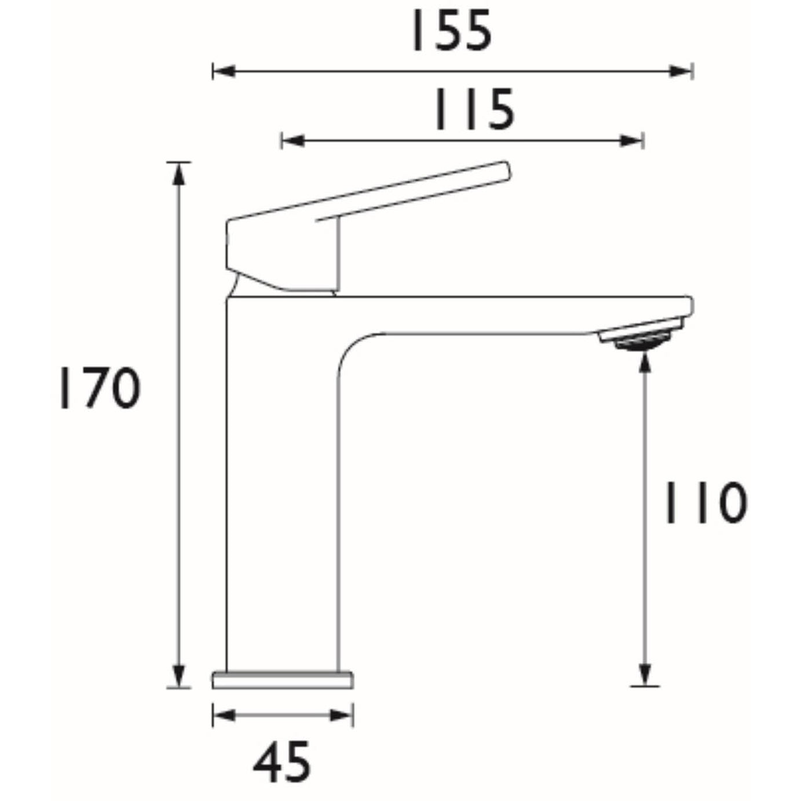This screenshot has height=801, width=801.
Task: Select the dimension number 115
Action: click(474, 109)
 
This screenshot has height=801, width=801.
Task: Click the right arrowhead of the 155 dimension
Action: click(682, 72)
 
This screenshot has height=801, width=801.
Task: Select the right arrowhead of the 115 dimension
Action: click(632, 140)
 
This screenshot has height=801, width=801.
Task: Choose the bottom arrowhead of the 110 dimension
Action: click(645, 675)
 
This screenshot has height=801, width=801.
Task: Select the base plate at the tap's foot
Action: click(283, 680)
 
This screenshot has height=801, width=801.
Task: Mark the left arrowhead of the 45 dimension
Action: click(224, 715)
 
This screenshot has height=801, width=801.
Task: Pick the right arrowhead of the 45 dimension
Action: click(342, 715)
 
